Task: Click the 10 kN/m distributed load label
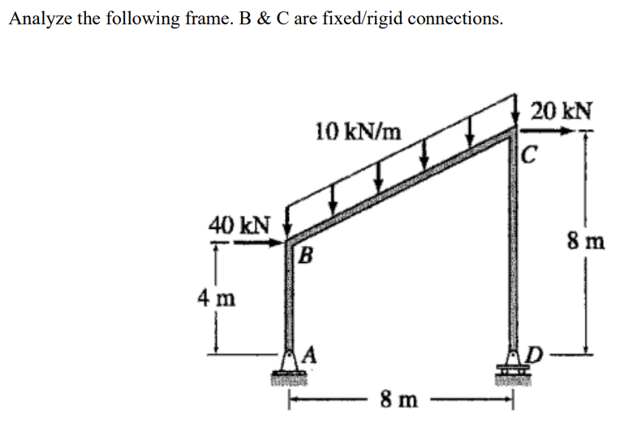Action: pyautogui.click(x=357, y=131)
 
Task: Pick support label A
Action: pyautogui.click(x=311, y=352)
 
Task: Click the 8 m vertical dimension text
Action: pyautogui.click(x=583, y=241)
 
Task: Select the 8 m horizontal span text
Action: pyautogui.click(x=399, y=399)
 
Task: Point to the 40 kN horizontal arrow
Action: pyautogui.click(x=260, y=240)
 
